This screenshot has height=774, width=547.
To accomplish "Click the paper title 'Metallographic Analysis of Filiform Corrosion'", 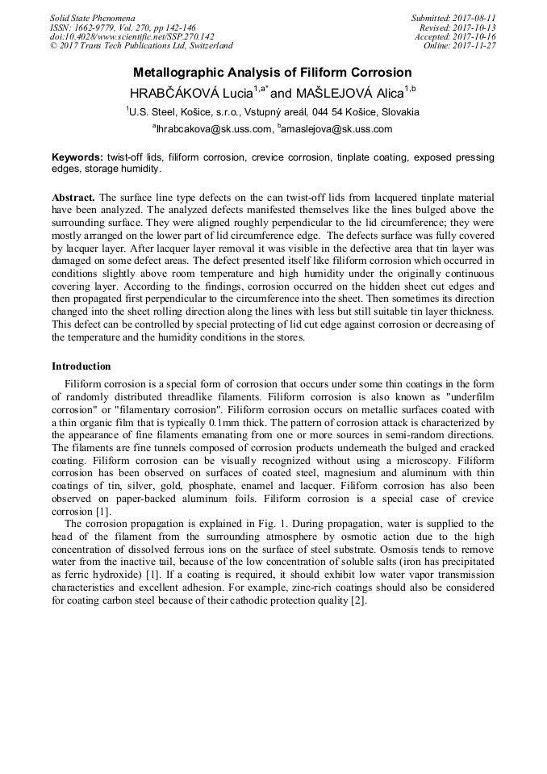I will pos(272,72).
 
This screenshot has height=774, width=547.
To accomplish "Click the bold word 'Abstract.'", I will pos(73,197).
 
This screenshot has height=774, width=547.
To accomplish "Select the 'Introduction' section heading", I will pos(81,366).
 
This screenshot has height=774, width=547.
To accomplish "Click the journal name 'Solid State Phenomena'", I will pos(92,18).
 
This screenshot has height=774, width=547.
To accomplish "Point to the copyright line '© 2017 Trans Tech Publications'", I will pos(141,46).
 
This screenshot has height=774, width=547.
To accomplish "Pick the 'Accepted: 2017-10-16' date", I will pos(455,36).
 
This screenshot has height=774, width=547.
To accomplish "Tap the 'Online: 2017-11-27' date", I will pos(459,46).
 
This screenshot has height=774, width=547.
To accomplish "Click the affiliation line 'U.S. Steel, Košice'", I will pos(272,112).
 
